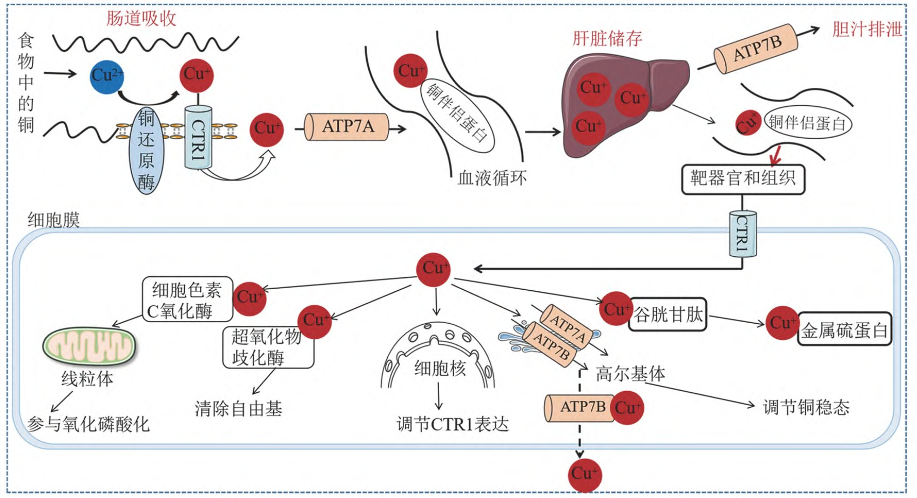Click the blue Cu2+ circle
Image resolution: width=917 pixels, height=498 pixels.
pos(107,77)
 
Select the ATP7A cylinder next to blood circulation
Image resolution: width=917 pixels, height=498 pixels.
pos(346,127)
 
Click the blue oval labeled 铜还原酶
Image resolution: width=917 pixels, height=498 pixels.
pos(146,151)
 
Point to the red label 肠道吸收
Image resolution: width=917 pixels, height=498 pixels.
pos(141,18)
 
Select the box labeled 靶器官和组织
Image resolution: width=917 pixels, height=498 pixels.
pos(743,179)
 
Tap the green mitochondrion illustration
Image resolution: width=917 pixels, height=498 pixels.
pos(89,346)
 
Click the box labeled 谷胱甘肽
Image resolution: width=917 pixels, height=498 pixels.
pos(667,315)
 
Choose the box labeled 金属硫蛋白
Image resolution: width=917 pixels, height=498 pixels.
pos(844,330)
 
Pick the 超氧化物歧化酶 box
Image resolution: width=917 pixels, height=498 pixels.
pos(268,347)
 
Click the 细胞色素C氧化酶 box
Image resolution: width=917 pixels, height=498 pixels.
pos(187,299)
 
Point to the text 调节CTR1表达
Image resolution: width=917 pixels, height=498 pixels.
pos(453,425)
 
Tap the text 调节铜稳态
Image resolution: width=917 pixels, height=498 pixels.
pos(806,407)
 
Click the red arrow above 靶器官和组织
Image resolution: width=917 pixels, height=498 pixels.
pos(775,155)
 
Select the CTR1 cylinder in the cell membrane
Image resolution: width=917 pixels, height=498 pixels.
pos(743,234)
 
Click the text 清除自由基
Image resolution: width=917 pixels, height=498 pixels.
pos(239,408)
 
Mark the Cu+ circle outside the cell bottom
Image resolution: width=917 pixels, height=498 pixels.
pos(585,475)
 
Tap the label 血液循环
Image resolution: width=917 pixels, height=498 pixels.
pos(492,178)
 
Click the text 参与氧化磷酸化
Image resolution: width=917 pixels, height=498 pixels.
pos(89,425)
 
